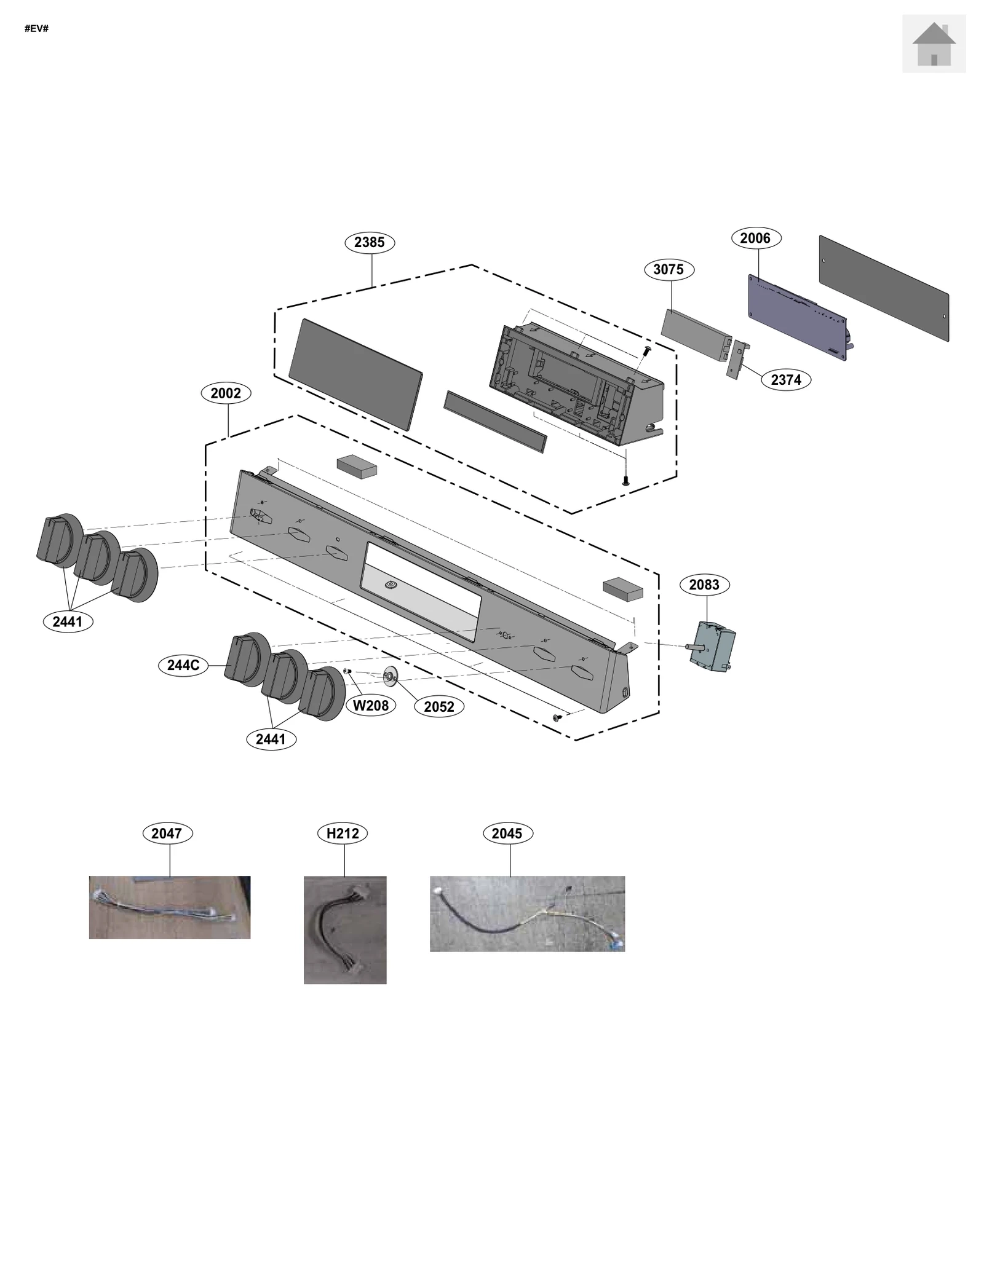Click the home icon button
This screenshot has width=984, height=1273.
tap(934, 44)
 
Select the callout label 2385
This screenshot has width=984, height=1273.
tap(370, 242)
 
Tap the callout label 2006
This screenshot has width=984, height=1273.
tap(756, 238)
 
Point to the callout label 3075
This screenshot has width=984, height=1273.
tap(669, 269)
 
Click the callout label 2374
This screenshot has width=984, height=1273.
tap(785, 380)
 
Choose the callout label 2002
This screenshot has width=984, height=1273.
tap(226, 393)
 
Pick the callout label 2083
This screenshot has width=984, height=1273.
tap(704, 585)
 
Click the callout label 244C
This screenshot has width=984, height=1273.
tap(183, 665)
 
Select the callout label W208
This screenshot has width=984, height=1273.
tap(370, 706)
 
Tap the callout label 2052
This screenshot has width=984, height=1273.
tap(438, 707)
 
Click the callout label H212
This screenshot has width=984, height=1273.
tap(343, 834)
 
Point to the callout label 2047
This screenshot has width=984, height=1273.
tap(167, 834)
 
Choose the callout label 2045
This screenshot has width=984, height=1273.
tap(507, 834)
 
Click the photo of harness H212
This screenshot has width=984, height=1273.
tap(345, 929)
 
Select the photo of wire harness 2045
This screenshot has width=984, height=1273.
tap(527, 913)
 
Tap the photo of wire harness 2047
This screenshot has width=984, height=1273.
tap(170, 907)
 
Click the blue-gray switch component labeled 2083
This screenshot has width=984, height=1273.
tap(712, 647)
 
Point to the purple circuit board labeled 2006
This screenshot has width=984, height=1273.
tap(797, 317)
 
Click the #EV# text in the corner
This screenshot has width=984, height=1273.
tap(36, 29)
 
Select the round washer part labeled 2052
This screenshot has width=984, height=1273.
tap(390, 677)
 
